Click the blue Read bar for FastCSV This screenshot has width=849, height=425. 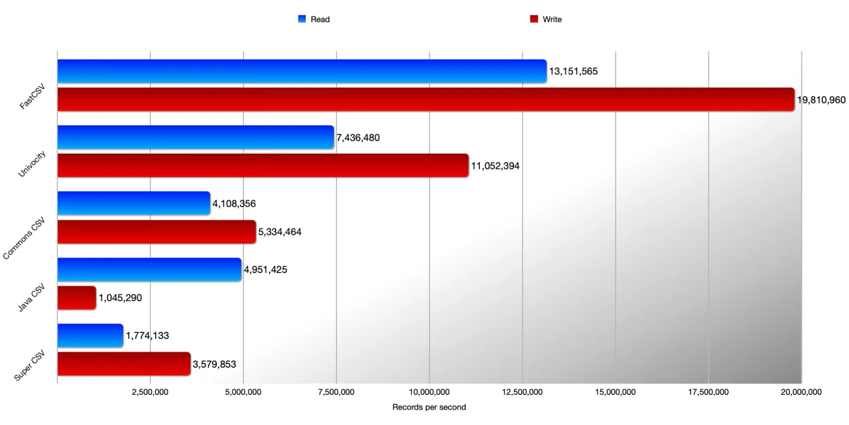pos(302,71)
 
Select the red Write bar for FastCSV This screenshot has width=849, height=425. pos(426,99)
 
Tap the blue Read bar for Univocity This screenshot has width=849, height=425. pos(195,137)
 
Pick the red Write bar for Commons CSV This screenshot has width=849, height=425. pos(157,232)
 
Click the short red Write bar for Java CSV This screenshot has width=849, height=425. pos(77,298)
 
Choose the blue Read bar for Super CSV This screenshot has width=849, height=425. pos(90,335)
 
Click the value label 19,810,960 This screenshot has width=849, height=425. pos(821,100)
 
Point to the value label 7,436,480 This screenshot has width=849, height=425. pos(358,138)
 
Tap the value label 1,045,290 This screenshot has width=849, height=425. pos(120,298)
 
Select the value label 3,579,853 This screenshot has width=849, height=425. pos(214,364)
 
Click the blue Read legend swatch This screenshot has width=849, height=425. pos(302,19)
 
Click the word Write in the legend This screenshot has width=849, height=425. pos(552,19)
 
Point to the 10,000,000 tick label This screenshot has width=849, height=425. pos(429,392)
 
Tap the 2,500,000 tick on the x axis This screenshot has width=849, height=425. pos(150,392)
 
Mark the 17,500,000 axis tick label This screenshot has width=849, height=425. pos(708,392)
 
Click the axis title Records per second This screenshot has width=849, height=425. pos(429,407)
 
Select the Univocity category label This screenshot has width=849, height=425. pos(32,164)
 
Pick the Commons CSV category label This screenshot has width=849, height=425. pos(24,238)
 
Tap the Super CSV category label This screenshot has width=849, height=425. pos(29,366)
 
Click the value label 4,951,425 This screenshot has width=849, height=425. pos(265,270)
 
